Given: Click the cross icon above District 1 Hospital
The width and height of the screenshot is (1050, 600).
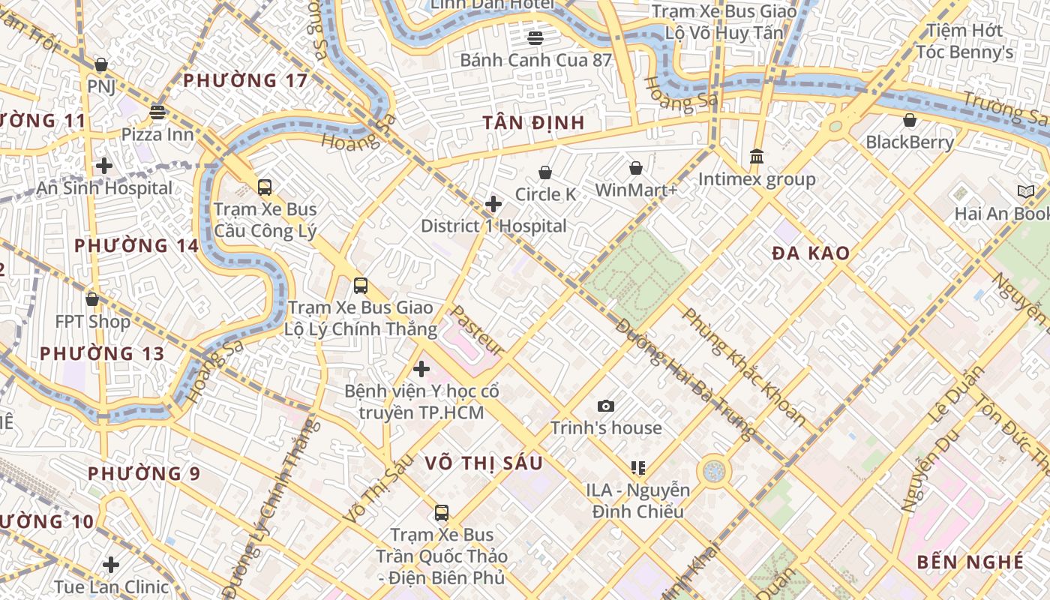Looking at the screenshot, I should (x=493, y=204).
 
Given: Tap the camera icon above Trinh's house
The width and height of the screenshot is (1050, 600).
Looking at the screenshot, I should (x=606, y=406).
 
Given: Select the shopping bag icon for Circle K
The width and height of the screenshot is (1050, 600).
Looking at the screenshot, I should (x=545, y=173).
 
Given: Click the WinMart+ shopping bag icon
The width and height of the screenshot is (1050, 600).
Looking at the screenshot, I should (x=636, y=168).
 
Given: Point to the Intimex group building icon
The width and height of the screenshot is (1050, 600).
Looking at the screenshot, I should (x=757, y=157).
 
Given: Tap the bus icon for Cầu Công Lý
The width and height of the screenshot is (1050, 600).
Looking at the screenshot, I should (x=265, y=187).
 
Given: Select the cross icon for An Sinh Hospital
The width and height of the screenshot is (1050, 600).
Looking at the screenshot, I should (x=104, y=166).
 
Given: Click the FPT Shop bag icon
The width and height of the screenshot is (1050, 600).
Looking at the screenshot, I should (x=92, y=299).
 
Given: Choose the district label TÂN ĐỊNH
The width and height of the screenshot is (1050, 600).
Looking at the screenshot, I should (x=533, y=124).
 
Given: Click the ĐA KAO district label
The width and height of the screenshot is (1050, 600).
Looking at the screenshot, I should (x=811, y=253).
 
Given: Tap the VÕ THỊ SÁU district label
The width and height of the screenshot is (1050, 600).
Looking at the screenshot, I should (x=484, y=463).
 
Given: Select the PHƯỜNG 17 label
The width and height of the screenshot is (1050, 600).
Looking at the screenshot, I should (x=245, y=81).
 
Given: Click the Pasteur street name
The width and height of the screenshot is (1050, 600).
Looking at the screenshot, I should (x=477, y=330).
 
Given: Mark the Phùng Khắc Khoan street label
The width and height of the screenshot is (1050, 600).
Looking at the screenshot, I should (x=742, y=367).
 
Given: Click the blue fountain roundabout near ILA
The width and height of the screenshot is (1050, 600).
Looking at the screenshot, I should (x=714, y=472).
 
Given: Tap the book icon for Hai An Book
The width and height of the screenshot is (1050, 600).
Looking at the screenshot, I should (x=1025, y=192).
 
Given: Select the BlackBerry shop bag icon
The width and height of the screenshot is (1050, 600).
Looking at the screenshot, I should (x=910, y=121).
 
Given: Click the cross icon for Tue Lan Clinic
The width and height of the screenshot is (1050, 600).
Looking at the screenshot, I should (x=111, y=565).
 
